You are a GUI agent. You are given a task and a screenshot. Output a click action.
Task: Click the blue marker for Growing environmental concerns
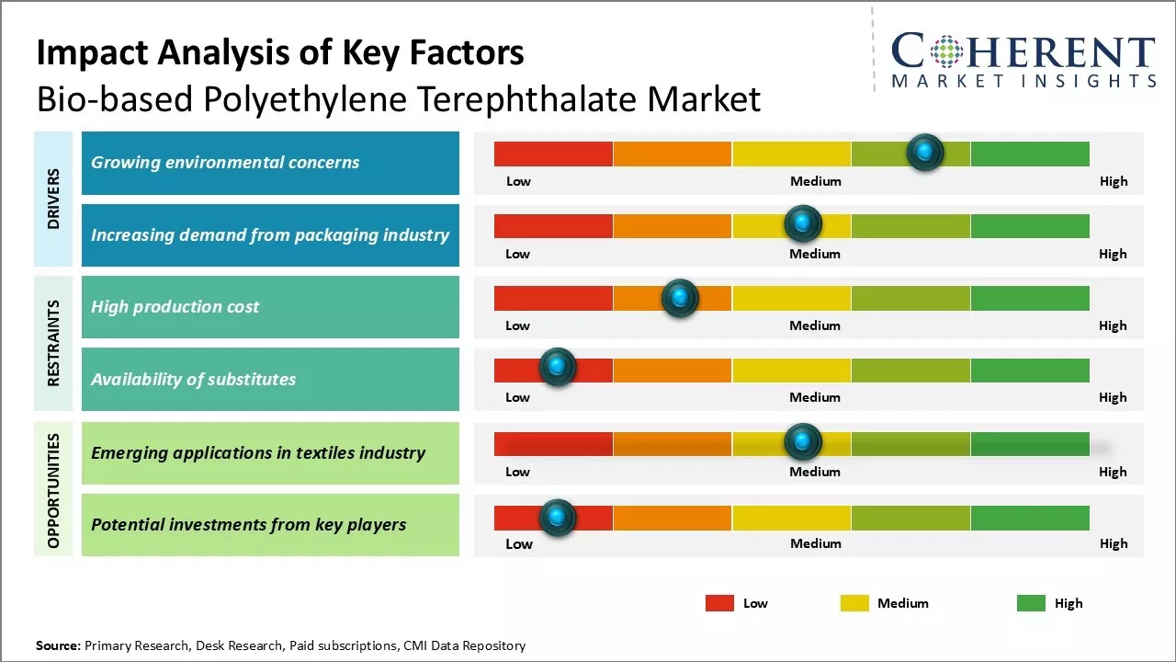pos(925,152)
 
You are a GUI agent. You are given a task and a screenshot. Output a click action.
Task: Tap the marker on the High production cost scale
pos(680,298)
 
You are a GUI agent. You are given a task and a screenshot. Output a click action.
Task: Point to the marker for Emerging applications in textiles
pos(803,442)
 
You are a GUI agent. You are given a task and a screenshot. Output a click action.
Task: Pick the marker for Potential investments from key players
pos(557,518)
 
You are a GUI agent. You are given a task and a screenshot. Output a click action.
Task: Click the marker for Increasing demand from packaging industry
pos(803,223)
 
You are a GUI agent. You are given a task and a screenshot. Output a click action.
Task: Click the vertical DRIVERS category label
pos(53,199)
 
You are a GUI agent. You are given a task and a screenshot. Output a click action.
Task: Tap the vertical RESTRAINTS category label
pos(53,342)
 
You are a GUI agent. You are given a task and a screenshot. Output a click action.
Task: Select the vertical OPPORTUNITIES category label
pos(53,490)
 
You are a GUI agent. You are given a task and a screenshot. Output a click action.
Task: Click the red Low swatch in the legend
pos(719,603)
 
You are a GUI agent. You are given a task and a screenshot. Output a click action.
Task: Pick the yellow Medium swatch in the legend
pos(854,603)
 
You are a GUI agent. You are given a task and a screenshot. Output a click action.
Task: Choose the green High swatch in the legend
pos(1031,603)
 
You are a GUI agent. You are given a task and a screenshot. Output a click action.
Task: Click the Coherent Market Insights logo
pos(1023,60)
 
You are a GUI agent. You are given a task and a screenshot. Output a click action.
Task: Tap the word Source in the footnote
pos(58,645)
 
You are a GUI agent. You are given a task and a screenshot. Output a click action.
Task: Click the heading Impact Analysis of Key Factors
pos(280,52)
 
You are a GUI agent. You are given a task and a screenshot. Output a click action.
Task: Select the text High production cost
pos(175,307)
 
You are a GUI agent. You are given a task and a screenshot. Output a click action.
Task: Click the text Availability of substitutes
pos(193,379)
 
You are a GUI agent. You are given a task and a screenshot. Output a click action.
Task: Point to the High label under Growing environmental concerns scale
pos(1114,181)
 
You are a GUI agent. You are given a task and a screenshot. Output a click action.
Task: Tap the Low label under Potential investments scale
pos(519,543)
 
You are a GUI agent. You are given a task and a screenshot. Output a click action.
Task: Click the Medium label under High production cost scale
pos(815,325)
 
